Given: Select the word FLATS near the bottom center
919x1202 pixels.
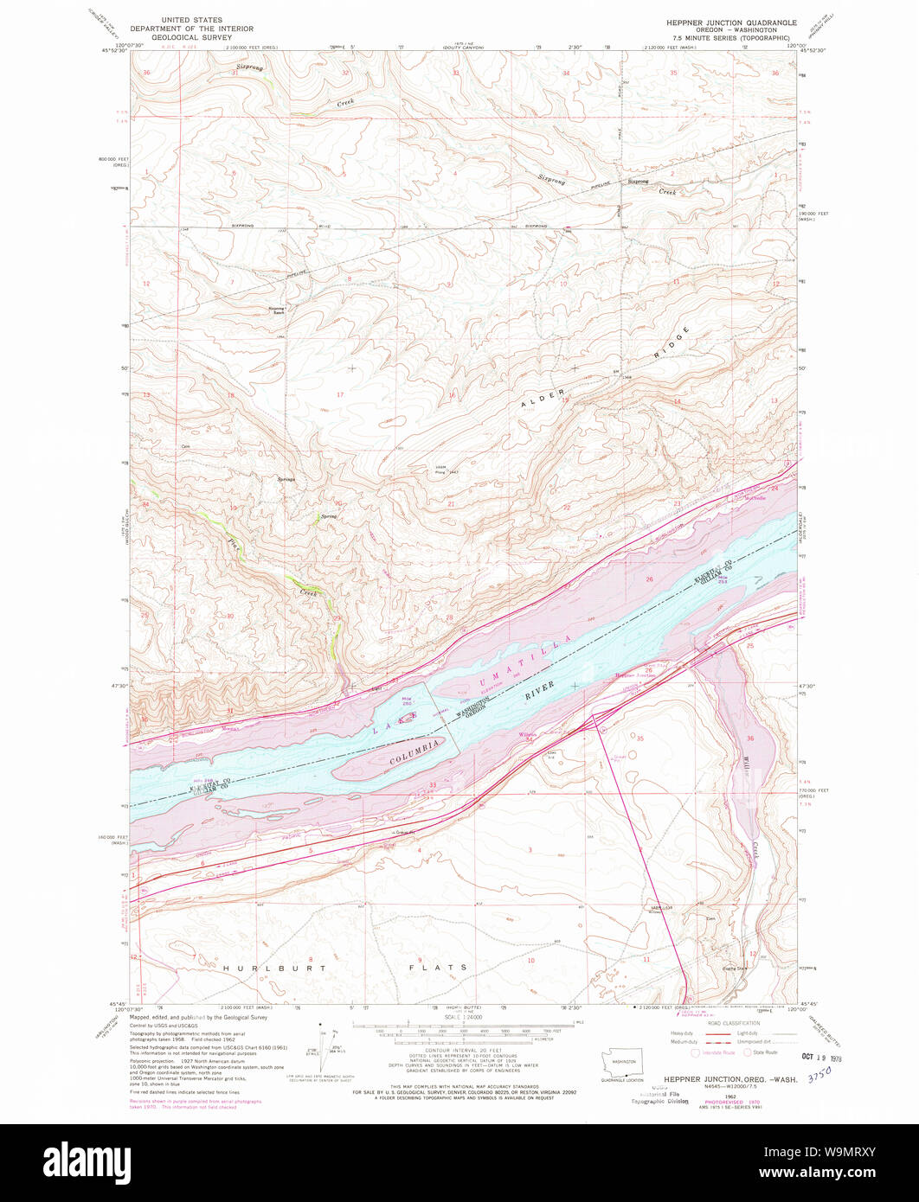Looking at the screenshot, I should [x=440, y=967].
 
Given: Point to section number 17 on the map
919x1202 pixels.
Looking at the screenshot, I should [x=340, y=395].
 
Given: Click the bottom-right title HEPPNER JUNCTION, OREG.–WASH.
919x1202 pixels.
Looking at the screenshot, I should [x=726, y=1079].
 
